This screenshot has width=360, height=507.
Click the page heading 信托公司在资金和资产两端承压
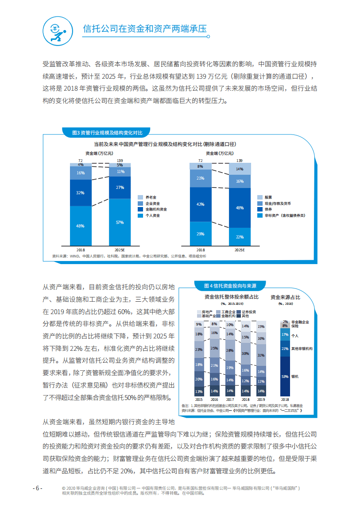tap(145, 29)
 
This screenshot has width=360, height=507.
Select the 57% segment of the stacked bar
tap(120, 222)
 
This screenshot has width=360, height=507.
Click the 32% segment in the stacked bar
tap(81, 193)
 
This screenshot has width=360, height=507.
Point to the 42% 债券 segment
tap(201, 204)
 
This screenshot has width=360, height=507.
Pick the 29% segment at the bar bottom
tap(201, 233)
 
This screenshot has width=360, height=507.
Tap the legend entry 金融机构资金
tap(154, 209)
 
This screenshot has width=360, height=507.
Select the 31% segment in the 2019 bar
tap(261, 355)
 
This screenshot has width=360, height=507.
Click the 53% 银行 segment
tap(285, 376)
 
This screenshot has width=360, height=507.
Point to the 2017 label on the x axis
tap(230, 399)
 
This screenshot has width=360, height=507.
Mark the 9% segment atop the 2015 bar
tap(199, 324)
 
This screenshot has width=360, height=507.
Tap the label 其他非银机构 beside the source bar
tap(302, 349)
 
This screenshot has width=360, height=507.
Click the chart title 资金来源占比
tap(285, 297)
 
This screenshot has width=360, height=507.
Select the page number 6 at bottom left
tap(38, 488)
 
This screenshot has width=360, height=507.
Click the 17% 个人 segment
tap(285, 335)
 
